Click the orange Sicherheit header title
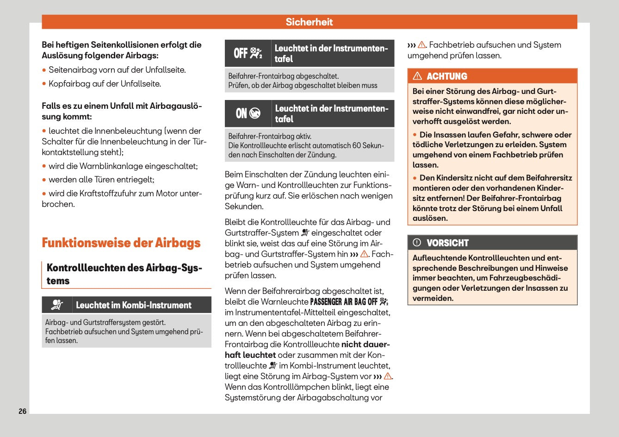pyautogui.click(x=309, y=22)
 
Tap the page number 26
pyautogui.click(x=23, y=411)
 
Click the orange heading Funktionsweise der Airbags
pyautogui.click(x=121, y=243)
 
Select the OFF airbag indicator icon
pyautogui.click(x=248, y=53)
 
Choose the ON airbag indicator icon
pyautogui.click(x=248, y=113)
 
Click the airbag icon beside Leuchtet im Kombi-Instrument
pyautogui.click(x=57, y=305)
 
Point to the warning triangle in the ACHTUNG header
pyautogui.click(x=417, y=76)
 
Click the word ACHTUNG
pyautogui.click(x=447, y=76)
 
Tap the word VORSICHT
pyautogui.click(x=447, y=243)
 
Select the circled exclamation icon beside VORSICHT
pyautogui.click(x=417, y=243)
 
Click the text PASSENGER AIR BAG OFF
pyautogui.click(x=344, y=302)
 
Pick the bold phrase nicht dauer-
pyautogui.click(x=365, y=344)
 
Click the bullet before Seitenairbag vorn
pyautogui.click(x=44, y=70)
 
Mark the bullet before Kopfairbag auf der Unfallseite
pyautogui.click(x=44, y=84)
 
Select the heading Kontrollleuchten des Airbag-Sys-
pyautogui.click(x=124, y=268)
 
